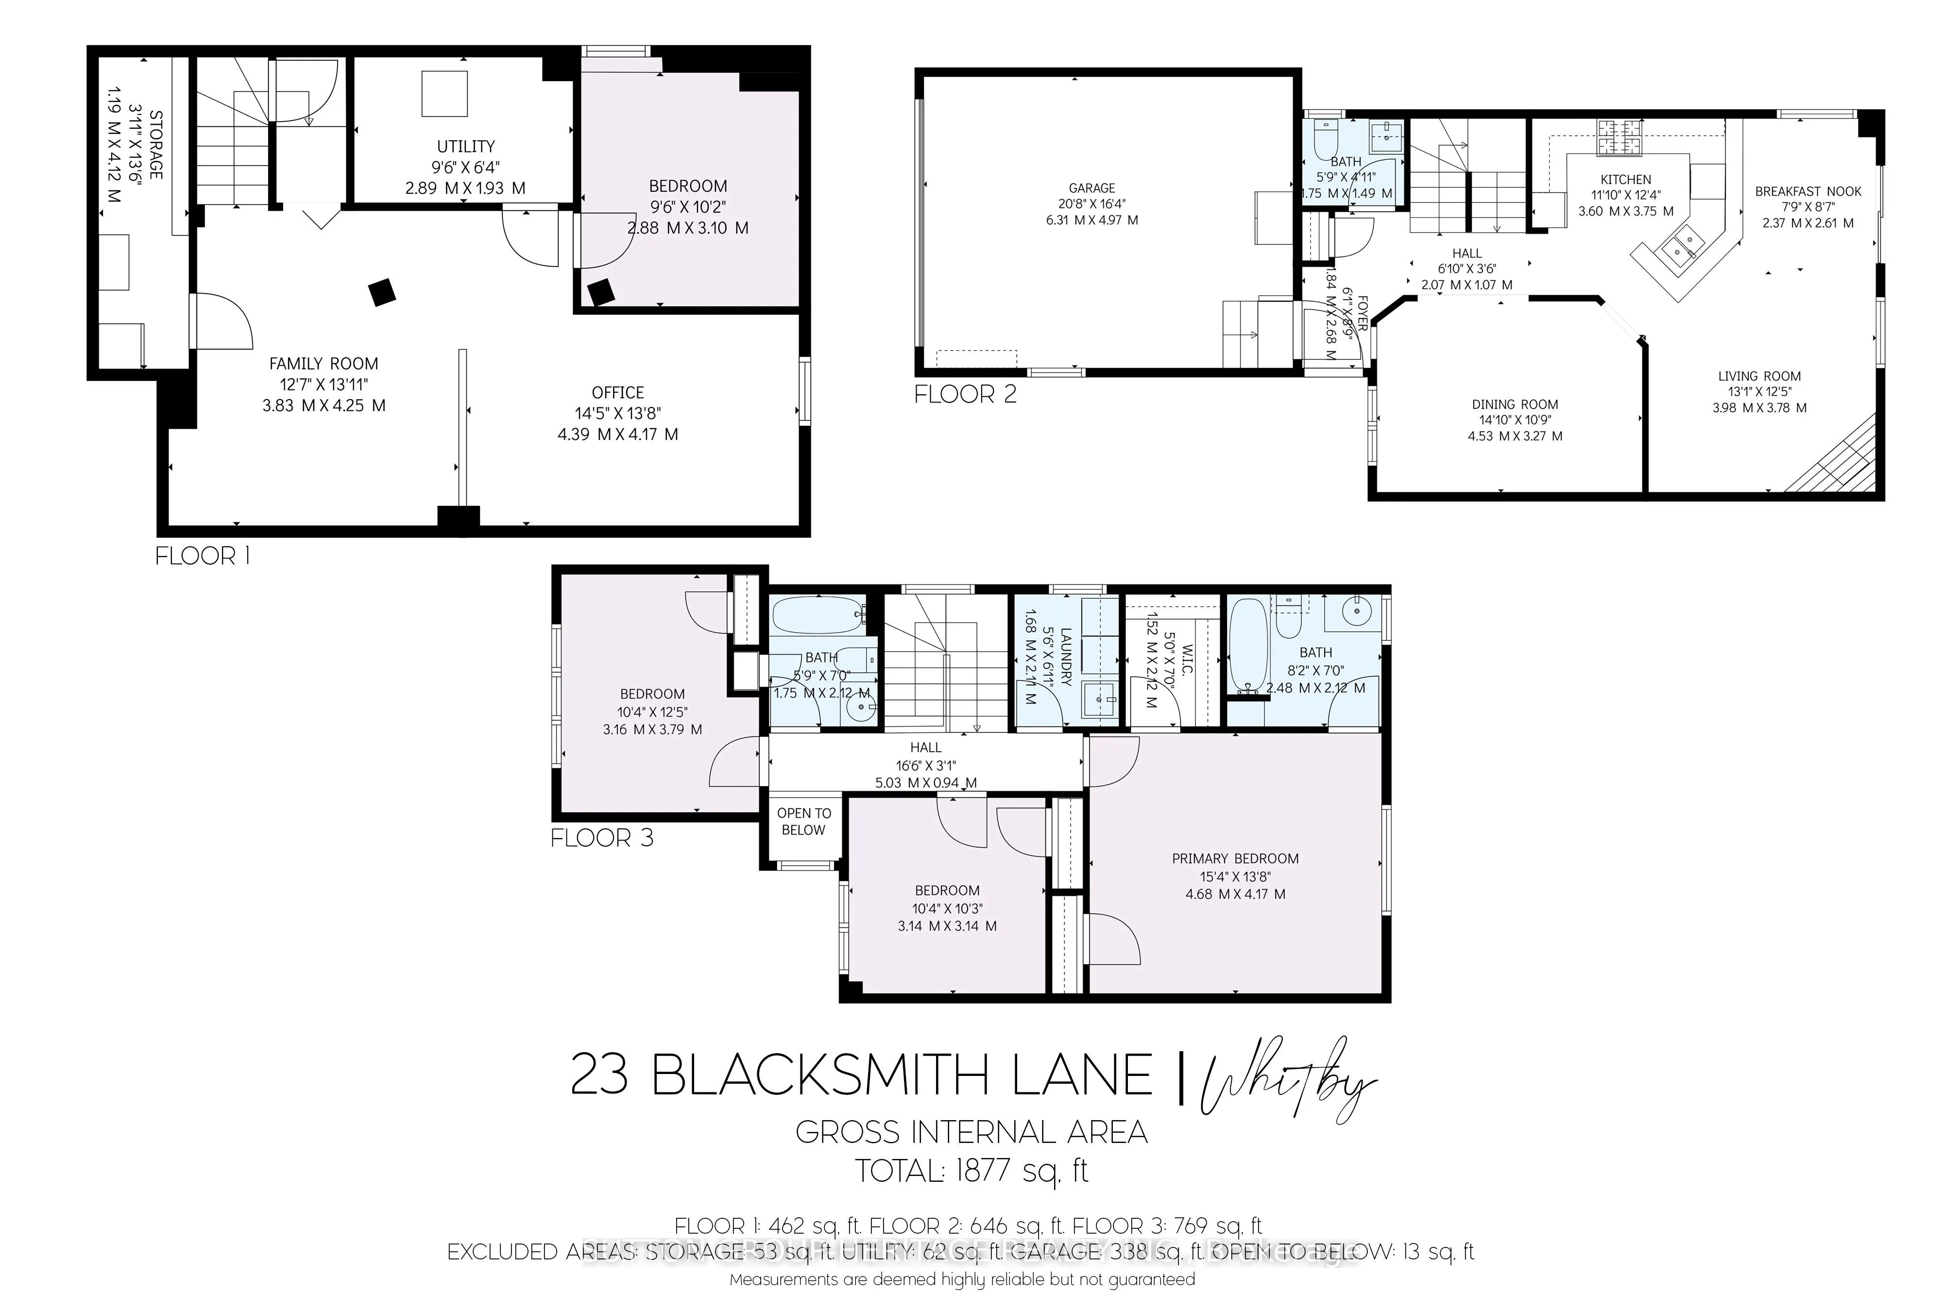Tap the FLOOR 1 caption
point(202,556)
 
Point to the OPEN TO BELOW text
point(804,822)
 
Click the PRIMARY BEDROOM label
point(1235,858)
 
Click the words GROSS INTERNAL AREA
point(971,1132)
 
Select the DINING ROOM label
point(1515,404)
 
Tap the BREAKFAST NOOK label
point(1808,191)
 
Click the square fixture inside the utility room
point(444,94)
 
